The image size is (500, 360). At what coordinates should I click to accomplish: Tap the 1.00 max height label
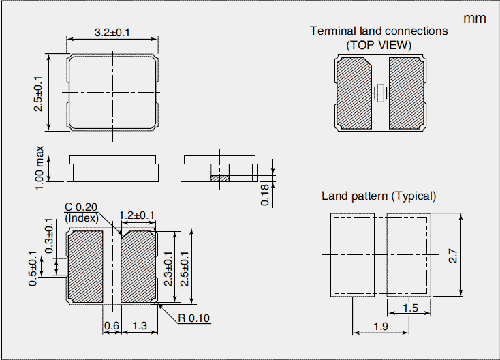click(39, 164)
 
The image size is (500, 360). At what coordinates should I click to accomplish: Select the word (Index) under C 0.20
click(81, 217)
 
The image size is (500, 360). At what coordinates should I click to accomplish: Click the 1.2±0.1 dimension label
click(137, 215)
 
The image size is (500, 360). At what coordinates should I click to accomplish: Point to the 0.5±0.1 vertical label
click(33, 268)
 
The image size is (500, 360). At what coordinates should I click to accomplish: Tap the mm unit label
click(475, 18)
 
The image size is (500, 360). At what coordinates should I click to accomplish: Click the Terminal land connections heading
click(379, 31)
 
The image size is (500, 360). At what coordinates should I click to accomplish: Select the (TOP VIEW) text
click(379, 44)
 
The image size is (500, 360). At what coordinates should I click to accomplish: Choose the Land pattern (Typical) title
click(379, 196)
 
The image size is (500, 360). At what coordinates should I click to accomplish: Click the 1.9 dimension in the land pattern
click(380, 327)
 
